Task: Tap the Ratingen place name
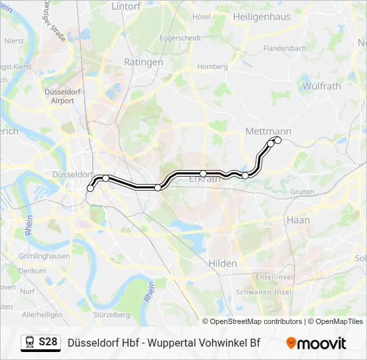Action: (x=143, y=62)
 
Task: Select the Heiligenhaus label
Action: (x=262, y=17)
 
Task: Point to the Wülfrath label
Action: (x=322, y=86)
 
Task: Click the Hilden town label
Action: (x=223, y=263)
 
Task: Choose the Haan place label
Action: (x=298, y=219)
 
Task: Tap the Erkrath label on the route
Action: (x=205, y=179)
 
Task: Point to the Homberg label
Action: (x=212, y=67)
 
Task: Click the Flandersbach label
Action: (x=285, y=49)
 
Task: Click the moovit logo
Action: (x=316, y=343)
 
